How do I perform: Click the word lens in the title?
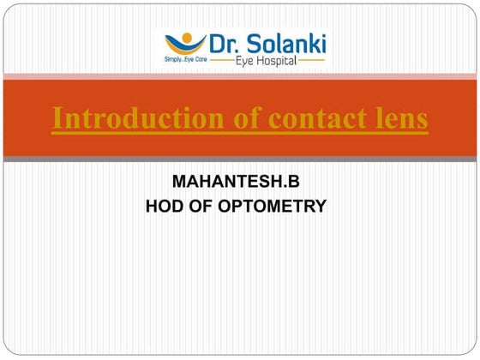(395, 120)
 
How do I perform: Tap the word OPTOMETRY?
(278, 206)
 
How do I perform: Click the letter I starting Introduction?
(57, 120)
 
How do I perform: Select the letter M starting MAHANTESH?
(179, 183)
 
